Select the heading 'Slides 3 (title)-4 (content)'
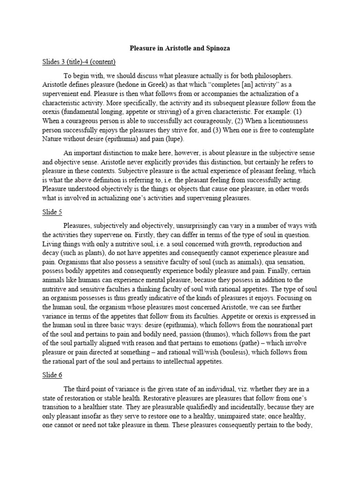pos(79,61)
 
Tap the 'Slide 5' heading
pos(52,212)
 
